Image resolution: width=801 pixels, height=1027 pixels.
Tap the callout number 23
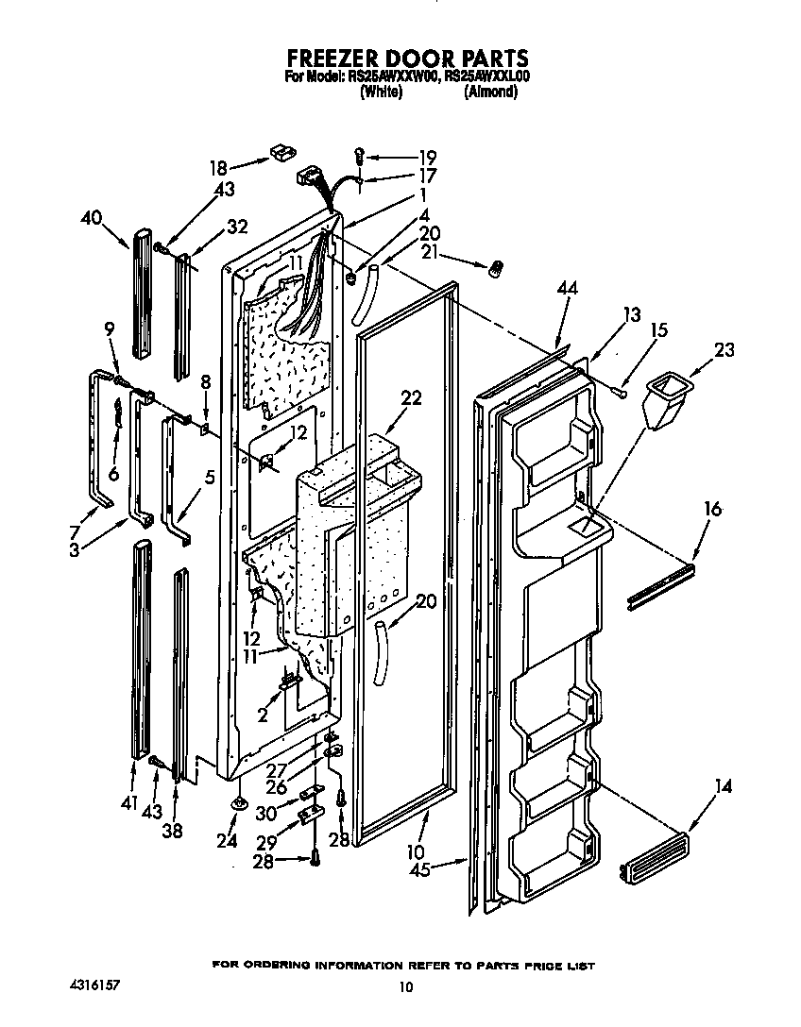point(724,349)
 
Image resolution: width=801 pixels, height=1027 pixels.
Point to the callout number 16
point(712,511)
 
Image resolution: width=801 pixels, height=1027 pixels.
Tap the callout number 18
point(218,168)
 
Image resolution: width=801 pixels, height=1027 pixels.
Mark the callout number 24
point(227,840)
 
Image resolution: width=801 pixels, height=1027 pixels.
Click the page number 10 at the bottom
point(405,987)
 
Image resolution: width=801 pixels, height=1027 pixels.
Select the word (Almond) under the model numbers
point(490,93)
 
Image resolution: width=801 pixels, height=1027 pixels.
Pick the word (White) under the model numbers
point(382,93)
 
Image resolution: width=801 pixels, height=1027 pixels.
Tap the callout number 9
point(110,329)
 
